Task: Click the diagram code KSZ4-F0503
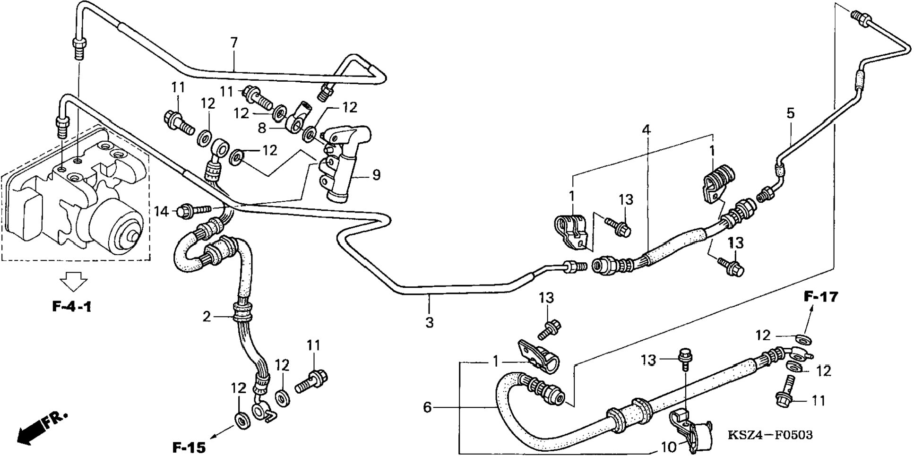point(769,434)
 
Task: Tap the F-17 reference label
point(821,297)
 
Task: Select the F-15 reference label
point(189,447)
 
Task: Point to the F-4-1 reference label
point(72,307)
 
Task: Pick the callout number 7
point(234,43)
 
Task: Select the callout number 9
point(376,175)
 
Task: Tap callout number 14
point(162,211)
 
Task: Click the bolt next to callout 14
point(194,210)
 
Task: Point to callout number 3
point(429,323)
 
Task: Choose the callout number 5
point(791,113)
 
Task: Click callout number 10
point(669,446)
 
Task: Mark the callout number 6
point(427,407)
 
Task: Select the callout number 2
point(207,317)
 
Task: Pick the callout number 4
point(646,129)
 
